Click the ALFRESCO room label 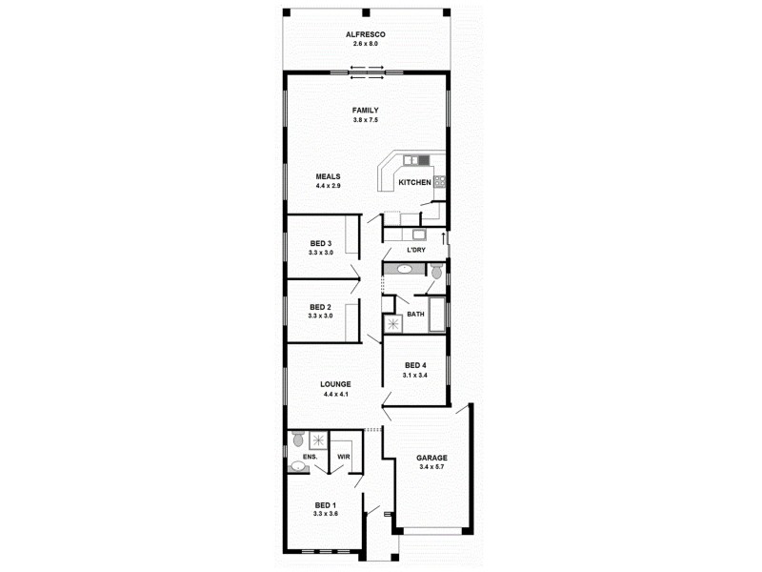pyautogui.click(x=365, y=34)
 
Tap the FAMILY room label pyautogui.click(x=365, y=111)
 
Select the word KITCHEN pyautogui.click(x=414, y=181)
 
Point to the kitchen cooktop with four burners pyautogui.click(x=440, y=181)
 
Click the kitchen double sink pyautogui.click(x=411, y=159)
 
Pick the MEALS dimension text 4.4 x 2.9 pyautogui.click(x=328, y=186)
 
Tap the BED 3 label pyautogui.click(x=320, y=243)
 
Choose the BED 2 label pyautogui.click(x=320, y=307)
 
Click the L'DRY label pyautogui.click(x=415, y=250)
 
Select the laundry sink pyautogui.click(x=418, y=234)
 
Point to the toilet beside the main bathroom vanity pyautogui.click(x=436, y=272)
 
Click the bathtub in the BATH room pyautogui.click(x=437, y=314)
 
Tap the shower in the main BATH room pyautogui.click(x=391, y=324)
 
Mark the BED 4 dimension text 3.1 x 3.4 pyautogui.click(x=415, y=375)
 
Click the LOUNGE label pyautogui.click(x=335, y=384)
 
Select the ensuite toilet pyautogui.click(x=298, y=439)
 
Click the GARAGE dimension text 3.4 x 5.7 pyautogui.click(x=431, y=467)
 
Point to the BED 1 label pyautogui.click(x=325, y=504)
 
